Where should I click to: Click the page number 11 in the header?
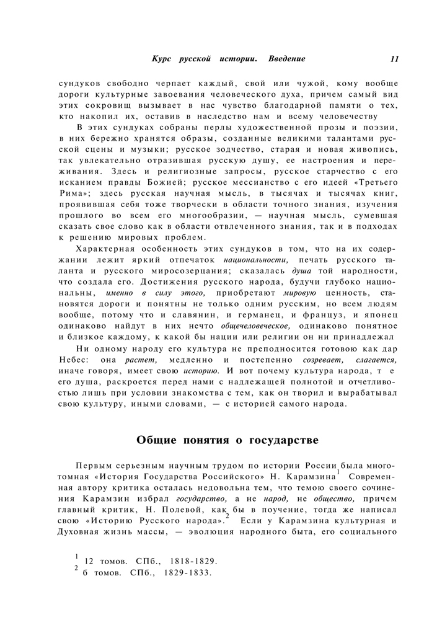[395, 59]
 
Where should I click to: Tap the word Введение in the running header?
[287, 59]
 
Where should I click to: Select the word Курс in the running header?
[162, 59]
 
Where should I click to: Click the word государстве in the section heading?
[283, 440]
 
